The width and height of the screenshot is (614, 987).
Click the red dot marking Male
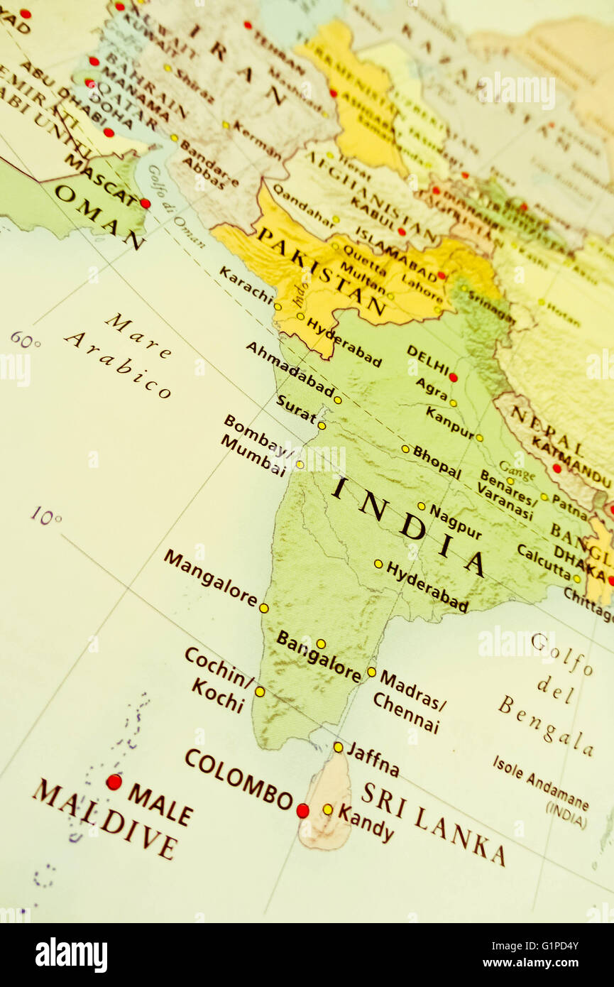pos(114,782)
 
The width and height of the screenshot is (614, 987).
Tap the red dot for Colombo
pos(302,810)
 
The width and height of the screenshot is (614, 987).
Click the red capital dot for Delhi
pos(453,377)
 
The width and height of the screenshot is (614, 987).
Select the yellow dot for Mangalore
pos(263,608)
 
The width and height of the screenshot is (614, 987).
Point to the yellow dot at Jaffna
pos(338,747)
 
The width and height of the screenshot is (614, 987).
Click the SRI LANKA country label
pos(433,823)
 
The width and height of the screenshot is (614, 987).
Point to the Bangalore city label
pos(319,657)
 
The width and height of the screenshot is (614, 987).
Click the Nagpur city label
pos(455,522)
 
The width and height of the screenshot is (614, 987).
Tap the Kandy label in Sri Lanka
pos(366,823)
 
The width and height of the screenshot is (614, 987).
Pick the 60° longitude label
pos(25,340)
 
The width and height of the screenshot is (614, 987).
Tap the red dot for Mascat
pos(145,203)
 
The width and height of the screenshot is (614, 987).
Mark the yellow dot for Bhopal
pos(405,449)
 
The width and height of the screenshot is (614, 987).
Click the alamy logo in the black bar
pos(71,955)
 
